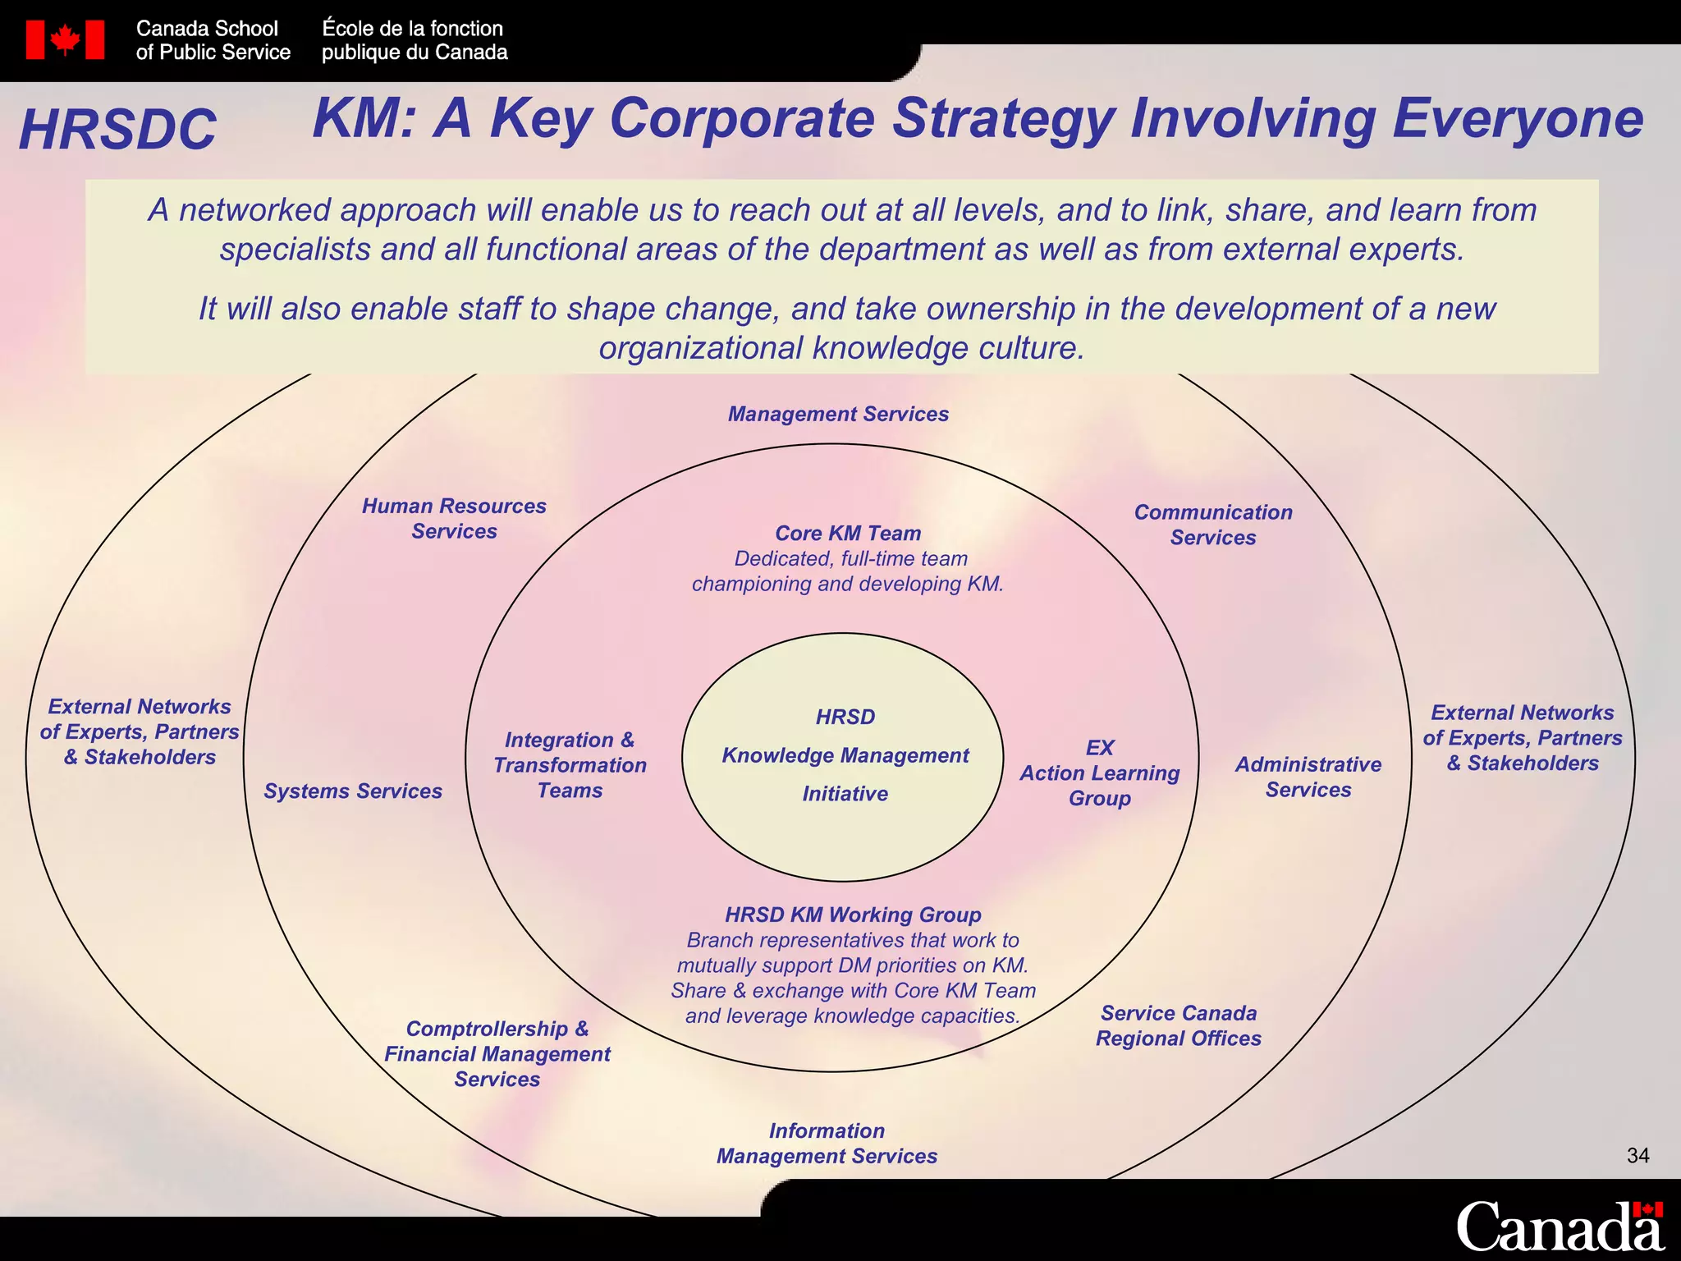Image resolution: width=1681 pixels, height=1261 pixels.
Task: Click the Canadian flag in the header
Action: [x=65, y=39]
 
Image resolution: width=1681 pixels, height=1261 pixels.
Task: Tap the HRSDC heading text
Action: [x=117, y=130]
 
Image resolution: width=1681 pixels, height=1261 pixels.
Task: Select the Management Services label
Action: [x=838, y=414]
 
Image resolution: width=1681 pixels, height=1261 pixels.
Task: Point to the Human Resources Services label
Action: [x=454, y=518]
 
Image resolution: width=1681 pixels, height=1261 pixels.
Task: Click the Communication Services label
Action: [x=1212, y=525]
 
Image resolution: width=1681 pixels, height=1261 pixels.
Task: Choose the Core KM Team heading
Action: [x=848, y=533]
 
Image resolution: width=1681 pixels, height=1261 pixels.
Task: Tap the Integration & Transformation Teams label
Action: [x=570, y=764]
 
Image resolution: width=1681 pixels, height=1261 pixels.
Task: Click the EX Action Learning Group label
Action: [x=1099, y=773]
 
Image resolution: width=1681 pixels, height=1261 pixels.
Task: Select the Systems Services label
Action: [x=352, y=791]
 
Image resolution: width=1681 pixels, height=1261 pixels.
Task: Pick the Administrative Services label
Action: [x=1308, y=777]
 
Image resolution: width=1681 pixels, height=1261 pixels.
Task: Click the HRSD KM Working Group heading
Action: [x=853, y=915]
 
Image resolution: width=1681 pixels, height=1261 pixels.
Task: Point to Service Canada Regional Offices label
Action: [x=1178, y=1025]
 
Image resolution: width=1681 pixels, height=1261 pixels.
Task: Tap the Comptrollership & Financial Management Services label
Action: [x=497, y=1053]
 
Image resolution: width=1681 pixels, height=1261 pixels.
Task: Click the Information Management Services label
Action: [x=827, y=1143]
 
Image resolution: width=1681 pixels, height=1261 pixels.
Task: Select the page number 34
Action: [x=1637, y=1155]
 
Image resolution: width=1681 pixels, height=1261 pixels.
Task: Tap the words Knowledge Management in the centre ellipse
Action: [x=845, y=755]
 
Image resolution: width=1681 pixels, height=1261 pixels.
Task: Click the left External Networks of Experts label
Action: [x=140, y=731]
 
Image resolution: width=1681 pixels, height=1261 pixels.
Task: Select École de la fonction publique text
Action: [x=414, y=40]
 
